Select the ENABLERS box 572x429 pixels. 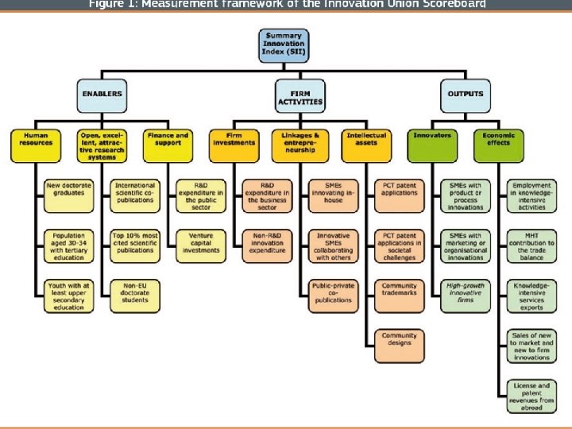102,95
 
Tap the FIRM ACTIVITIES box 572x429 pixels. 300,97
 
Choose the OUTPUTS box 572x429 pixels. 465,95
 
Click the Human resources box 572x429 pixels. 36,140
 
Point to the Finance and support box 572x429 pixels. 168,140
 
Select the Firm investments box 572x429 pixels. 234,140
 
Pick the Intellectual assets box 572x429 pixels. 366,140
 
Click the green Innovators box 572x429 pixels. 432,140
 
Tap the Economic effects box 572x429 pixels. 498,140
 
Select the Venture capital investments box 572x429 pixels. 201,242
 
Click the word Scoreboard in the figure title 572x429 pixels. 452,4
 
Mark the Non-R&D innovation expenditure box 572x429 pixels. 267,242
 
